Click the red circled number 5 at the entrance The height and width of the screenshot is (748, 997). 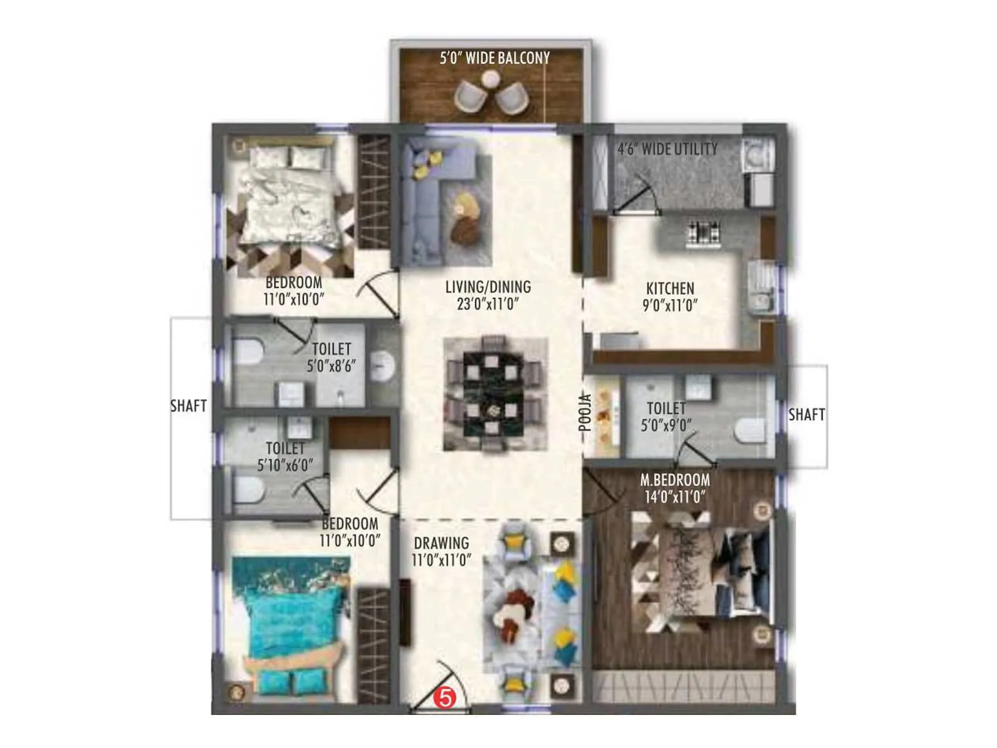coord(445,698)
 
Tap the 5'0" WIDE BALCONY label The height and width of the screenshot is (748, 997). coord(495,59)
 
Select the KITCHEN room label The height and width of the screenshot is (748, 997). coord(670,289)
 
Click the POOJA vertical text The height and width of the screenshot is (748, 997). coord(584,413)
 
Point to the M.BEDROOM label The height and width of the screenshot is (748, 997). coord(675,481)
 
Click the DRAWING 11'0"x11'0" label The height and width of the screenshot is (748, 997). coord(441,552)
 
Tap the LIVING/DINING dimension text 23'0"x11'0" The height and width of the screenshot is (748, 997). coord(488,304)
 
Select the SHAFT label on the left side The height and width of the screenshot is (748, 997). coord(188,406)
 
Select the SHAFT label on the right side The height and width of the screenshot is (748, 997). coord(806,415)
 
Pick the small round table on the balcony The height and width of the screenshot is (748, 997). coord(491,79)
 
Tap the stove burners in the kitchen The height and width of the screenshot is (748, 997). coord(703,233)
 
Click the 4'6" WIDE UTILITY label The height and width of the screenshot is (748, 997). coord(667,150)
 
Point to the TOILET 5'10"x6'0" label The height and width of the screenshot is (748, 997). coord(285,457)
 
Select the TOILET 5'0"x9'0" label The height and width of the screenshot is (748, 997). coord(666,417)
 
